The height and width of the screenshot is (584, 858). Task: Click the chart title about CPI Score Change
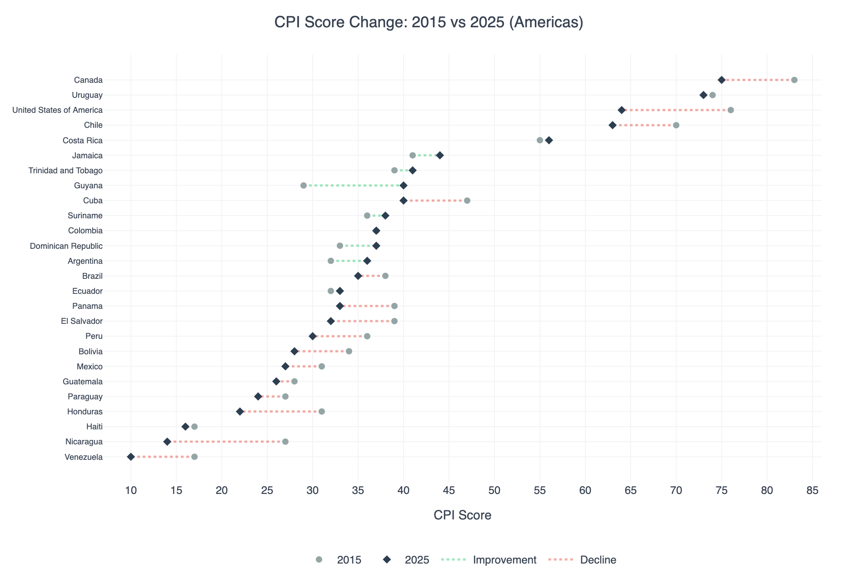tap(429, 22)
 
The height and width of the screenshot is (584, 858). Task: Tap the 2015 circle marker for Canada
tap(794, 80)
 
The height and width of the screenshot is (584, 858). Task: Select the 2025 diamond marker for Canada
tap(721, 80)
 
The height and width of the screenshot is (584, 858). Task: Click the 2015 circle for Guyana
tap(304, 186)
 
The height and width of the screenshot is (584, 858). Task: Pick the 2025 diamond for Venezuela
tap(131, 457)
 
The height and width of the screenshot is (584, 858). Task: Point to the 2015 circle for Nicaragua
tap(285, 442)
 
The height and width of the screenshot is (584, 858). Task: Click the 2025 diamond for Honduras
tap(240, 412)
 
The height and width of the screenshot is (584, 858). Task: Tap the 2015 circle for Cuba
tap(467, 201)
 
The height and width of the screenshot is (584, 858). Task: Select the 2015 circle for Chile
tap(676, 125)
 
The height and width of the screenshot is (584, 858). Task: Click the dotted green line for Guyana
tap(354, 186)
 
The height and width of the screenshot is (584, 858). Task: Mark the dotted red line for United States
tap(676, 110)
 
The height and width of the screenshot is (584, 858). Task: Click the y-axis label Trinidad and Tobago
tap(65, 171)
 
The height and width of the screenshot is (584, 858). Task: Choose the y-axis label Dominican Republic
tap(66, 246)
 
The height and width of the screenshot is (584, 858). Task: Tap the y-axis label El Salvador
tap(82, 321)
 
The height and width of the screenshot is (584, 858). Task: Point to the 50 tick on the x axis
tap(494, 491)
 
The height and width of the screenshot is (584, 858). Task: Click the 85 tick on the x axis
tap(813, 491)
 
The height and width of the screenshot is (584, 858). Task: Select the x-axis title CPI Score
tap(462, 515)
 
